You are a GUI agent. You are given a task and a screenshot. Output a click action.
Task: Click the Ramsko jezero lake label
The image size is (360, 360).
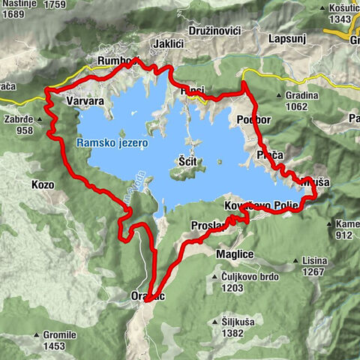click(112, 142)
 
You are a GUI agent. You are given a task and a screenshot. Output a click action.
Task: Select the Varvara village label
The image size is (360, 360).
click(84, 100)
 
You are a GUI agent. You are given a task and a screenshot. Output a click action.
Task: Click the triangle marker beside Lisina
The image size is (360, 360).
click(296, 261)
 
